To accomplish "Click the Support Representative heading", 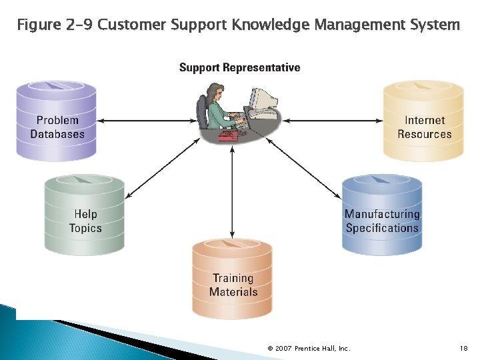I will click(239, 67).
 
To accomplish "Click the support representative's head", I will click(215, 91).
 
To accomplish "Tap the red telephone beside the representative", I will click(229, 135).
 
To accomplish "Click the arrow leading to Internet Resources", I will click(333, 121).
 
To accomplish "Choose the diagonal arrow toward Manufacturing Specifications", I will click(303, 167).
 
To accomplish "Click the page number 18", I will click(464, 348).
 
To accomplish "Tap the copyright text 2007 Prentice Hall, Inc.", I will click(309, 348).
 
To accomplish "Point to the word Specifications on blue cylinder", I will click(382, 228).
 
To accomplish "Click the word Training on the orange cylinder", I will click(233, 278).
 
